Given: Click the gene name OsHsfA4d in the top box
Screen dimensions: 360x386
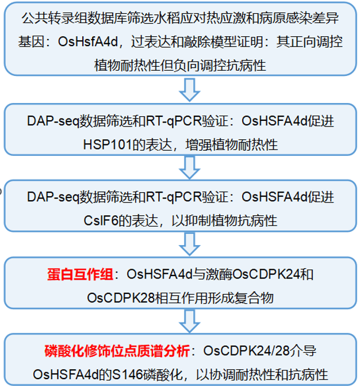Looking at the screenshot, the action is (x=87, y=41).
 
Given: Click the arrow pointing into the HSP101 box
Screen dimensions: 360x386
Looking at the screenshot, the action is (x=189, y=90).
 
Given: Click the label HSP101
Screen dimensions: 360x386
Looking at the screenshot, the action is (x=108, y=144).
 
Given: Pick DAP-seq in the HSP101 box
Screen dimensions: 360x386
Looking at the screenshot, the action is (x=53, y=121).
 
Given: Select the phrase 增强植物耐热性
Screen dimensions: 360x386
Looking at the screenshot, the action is (x=231, y=144).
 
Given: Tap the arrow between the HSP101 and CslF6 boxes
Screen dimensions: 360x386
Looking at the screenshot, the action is (x=189, y=167).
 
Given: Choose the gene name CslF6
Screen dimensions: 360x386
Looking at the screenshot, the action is (x=101, y=220).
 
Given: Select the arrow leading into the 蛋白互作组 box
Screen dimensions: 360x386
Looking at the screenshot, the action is (x=189, y=244).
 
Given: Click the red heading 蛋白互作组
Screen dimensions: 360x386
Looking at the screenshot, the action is (x=80, y=274).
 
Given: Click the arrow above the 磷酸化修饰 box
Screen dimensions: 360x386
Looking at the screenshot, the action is (x=189, y=321).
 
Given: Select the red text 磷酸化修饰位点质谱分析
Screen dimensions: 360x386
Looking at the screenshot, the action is (x=117, y=350).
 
